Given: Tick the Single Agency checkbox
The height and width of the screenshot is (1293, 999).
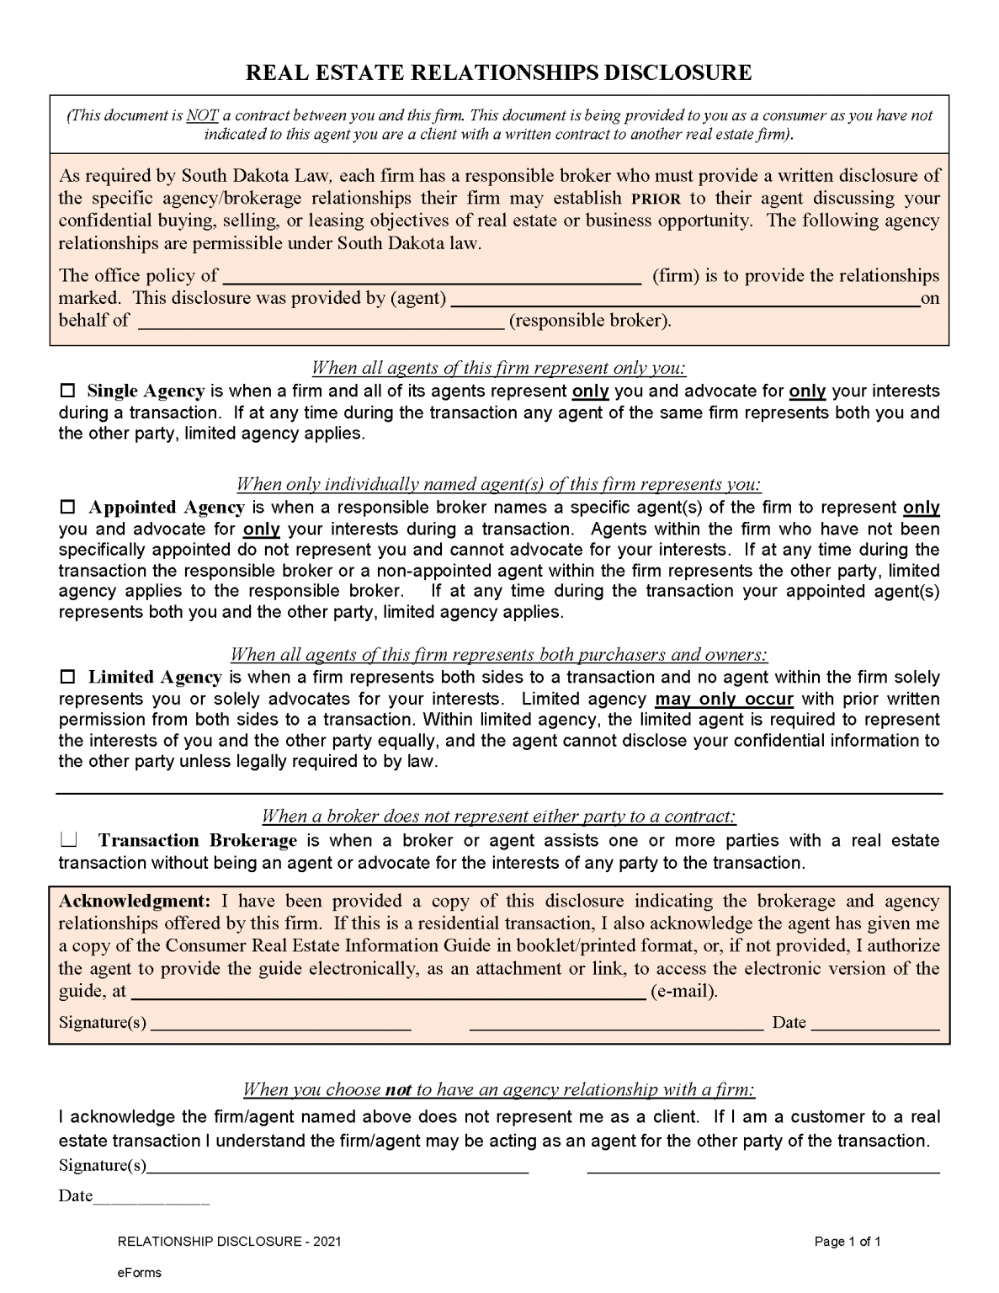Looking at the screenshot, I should tap(68, 391).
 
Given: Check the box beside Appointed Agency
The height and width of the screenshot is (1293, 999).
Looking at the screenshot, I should tap(68, 508).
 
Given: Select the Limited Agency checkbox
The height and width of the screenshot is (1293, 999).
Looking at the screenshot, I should tap(68, 678).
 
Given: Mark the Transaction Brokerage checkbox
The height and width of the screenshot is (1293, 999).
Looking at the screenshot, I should tap(68, 839).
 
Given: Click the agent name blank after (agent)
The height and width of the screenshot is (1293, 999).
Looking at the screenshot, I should tap(683, 299).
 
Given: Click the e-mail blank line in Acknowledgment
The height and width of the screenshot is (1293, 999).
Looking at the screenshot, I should tap(389, 992).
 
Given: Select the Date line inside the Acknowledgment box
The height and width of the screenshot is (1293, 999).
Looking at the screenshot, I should tap(874, 1024).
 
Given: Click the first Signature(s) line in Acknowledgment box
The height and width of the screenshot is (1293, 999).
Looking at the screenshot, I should tap(280, 1024).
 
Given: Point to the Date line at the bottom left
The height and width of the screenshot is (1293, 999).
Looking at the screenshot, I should tap(151, 1197).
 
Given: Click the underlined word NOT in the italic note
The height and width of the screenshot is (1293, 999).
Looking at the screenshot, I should tap(202, 115).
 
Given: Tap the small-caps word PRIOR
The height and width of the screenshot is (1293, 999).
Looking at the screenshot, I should tap(656, 200).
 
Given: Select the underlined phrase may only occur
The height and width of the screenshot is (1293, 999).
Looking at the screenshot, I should tap(724, 700).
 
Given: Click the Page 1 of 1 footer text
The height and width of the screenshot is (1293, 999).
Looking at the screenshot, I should tap(848, 1242).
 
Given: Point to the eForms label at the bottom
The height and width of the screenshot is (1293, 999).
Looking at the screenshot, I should tap(139, 1272).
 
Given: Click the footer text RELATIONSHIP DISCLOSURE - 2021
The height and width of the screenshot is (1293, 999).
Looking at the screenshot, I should tap(229, 1242).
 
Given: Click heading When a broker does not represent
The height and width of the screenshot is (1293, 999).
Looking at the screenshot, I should tap(499, 816).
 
